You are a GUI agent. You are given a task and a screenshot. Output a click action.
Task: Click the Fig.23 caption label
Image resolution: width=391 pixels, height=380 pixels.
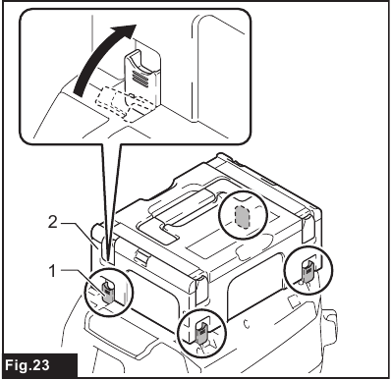point(28,365)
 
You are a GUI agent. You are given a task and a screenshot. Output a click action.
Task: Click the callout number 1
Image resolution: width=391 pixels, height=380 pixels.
point(52,271)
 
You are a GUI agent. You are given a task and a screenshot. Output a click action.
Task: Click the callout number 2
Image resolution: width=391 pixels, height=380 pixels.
point(53,223)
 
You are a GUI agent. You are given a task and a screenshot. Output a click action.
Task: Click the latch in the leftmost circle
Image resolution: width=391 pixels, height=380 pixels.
point(108,293)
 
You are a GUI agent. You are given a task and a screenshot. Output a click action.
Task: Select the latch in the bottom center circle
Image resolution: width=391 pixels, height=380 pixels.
point(200,333)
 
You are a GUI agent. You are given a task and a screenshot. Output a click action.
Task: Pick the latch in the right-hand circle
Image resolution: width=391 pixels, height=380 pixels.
point(308,270)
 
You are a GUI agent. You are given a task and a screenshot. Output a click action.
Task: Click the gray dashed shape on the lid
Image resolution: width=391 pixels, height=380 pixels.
point(242,216)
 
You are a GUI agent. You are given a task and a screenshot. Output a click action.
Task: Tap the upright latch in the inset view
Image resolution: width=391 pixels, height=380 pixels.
point(141,78)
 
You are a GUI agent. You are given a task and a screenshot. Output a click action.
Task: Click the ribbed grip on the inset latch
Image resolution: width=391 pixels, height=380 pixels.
point(140,78)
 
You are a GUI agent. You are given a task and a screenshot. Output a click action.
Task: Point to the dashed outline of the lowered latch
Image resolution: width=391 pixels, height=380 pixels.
point(126,103)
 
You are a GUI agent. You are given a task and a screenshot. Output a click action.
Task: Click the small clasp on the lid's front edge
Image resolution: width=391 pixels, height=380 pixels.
point(140,255)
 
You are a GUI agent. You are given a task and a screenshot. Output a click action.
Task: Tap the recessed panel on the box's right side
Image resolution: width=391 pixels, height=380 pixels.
point(256,285)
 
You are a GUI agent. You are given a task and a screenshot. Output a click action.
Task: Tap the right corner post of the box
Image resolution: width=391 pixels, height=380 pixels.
point(307,228)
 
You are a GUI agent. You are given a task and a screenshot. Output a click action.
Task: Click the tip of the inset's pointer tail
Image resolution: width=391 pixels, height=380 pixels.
point(110,263)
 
